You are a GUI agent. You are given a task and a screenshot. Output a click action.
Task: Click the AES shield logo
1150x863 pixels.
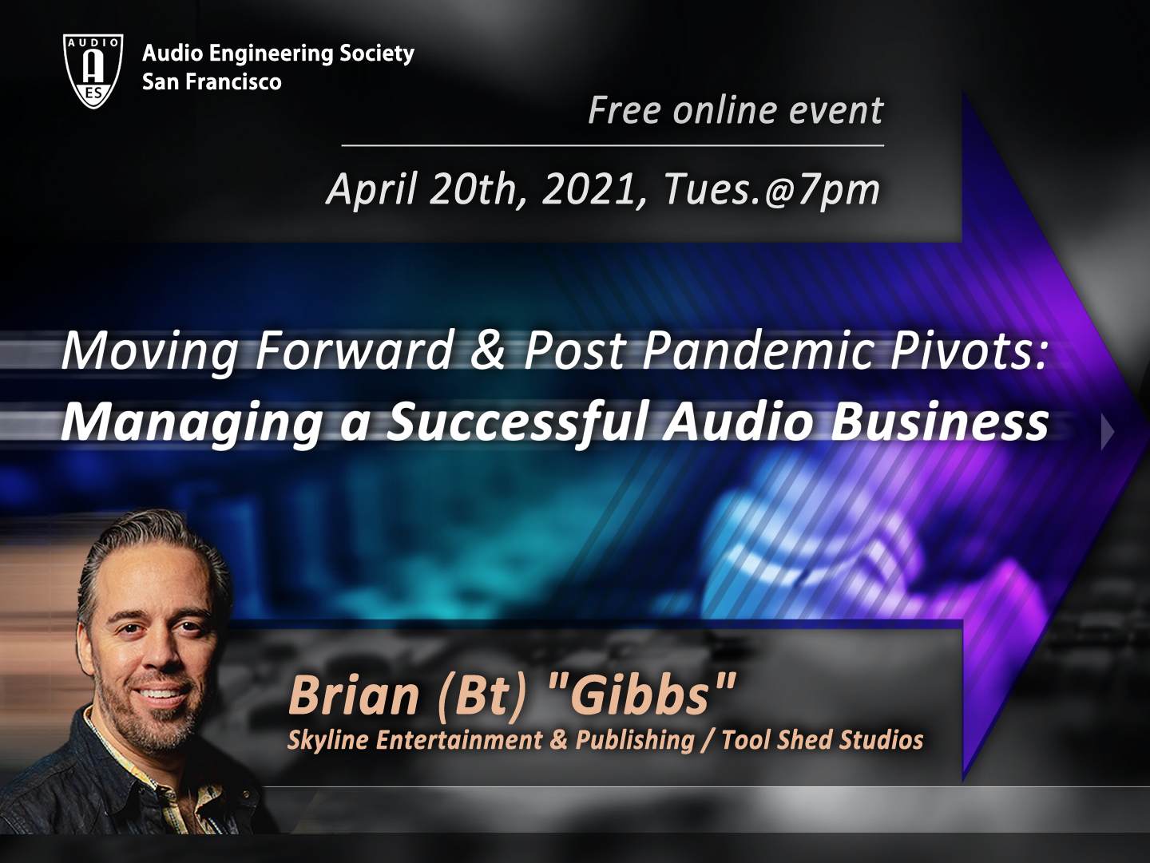93,71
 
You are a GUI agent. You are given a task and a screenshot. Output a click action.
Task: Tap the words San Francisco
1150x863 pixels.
212,81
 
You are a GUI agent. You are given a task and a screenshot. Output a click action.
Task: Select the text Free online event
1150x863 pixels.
735,110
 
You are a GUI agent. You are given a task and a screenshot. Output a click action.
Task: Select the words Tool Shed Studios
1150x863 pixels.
822,740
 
